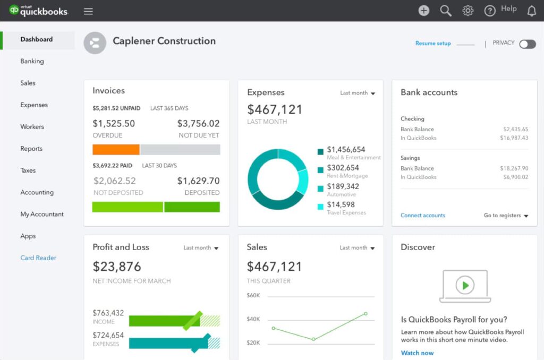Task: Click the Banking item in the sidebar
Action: click(x=32, y=61)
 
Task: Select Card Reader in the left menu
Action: click(x=38, y=258)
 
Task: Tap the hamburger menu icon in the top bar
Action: click(x=88, y=11)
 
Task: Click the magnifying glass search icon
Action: click(x=446, y=11)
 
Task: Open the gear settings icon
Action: click(x=467, y=11)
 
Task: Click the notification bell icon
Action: click(x=531, y=11)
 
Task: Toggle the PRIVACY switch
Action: click(x=527, y=44)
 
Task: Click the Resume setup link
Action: click(x=433, y=44)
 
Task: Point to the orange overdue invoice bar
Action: click(x=116, y=150)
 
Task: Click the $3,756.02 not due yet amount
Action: click(x=198, y=124)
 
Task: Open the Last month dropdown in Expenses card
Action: click(x=358, y=93)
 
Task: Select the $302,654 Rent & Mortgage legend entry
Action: click(x=343, y=168)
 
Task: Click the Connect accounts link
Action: click(x=423, y=216)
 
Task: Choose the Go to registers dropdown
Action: click(x=506, y=216)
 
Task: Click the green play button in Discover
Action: click(x=465, y=286)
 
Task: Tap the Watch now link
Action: click(x=417, y=353)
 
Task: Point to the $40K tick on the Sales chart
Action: click(x=253, y=319)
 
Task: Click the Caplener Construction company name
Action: click(x=164, y=41)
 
